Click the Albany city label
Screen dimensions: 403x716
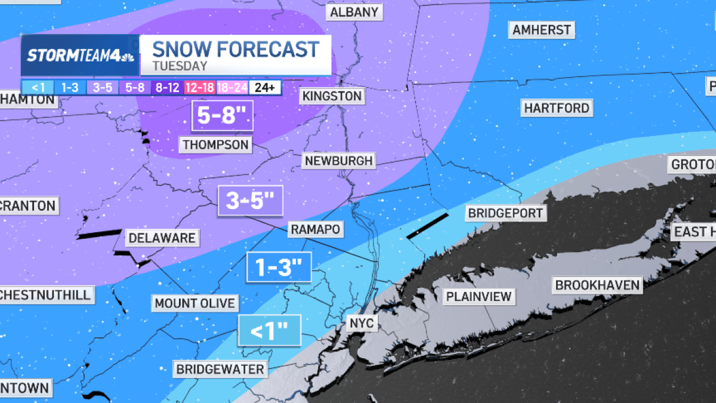[354, 12]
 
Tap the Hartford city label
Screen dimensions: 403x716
[556, 108]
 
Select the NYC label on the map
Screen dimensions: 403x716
[362, 323]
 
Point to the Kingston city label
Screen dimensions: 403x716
[332, 96]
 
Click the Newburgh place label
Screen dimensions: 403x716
[338, 161]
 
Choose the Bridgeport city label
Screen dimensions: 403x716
[505, 213]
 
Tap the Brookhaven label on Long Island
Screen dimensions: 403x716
[597, 285]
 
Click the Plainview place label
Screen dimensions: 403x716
[479, 296]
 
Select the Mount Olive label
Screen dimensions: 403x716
[195, 303]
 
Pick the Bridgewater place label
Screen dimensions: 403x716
[220, 369]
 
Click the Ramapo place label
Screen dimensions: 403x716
[314, 229]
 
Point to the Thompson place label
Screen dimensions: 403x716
[215, 144]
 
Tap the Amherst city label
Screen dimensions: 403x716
[542, 29]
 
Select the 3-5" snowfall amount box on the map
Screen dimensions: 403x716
[250, 201]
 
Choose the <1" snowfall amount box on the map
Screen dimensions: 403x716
[270, 330]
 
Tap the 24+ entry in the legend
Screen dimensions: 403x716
[265, 88]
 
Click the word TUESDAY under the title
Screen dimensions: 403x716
[180, 66]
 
